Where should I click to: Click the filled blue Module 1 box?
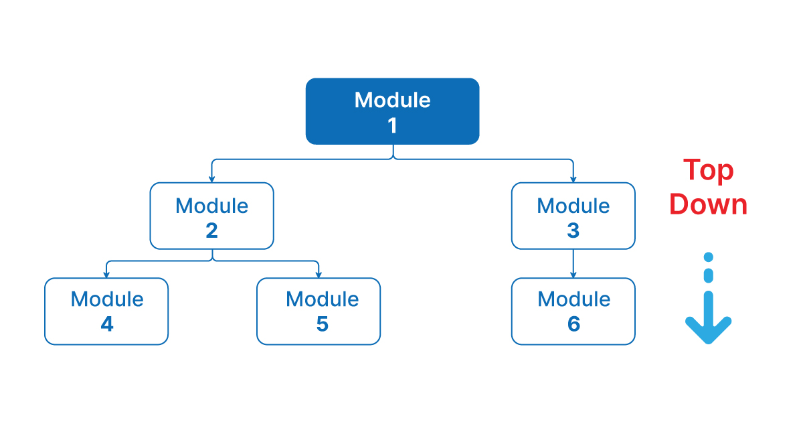click(x=392, y=111)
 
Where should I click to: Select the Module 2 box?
click(x=211, y=216)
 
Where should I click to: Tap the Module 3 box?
click(x=573, y=216)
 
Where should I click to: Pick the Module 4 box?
click(x=106, y=311)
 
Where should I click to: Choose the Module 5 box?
click(x=319, y=311)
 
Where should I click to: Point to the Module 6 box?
click(x=573, y=311)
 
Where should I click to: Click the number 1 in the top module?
click(x=393, y=125)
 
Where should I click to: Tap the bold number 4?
click(x=107, y=324)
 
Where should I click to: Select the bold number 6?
click(x=573, y=324)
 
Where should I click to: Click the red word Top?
click(x=708, y=171)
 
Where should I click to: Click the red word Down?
click(x=708, y=204)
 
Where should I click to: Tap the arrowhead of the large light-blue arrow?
click(x=709, y=330)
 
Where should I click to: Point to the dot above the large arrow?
click(x=709, y=257)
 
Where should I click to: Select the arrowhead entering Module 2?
click(x=211, y=179)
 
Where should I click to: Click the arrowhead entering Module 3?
click(x=573, y=179)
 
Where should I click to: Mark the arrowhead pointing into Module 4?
click(x=106, y=274)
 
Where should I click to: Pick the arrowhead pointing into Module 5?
click(x=319, y=274)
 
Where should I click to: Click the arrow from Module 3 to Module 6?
click(x=573, y=263)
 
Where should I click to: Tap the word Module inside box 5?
click(x=322, y=299)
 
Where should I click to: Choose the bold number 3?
click(x=573, y=230)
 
